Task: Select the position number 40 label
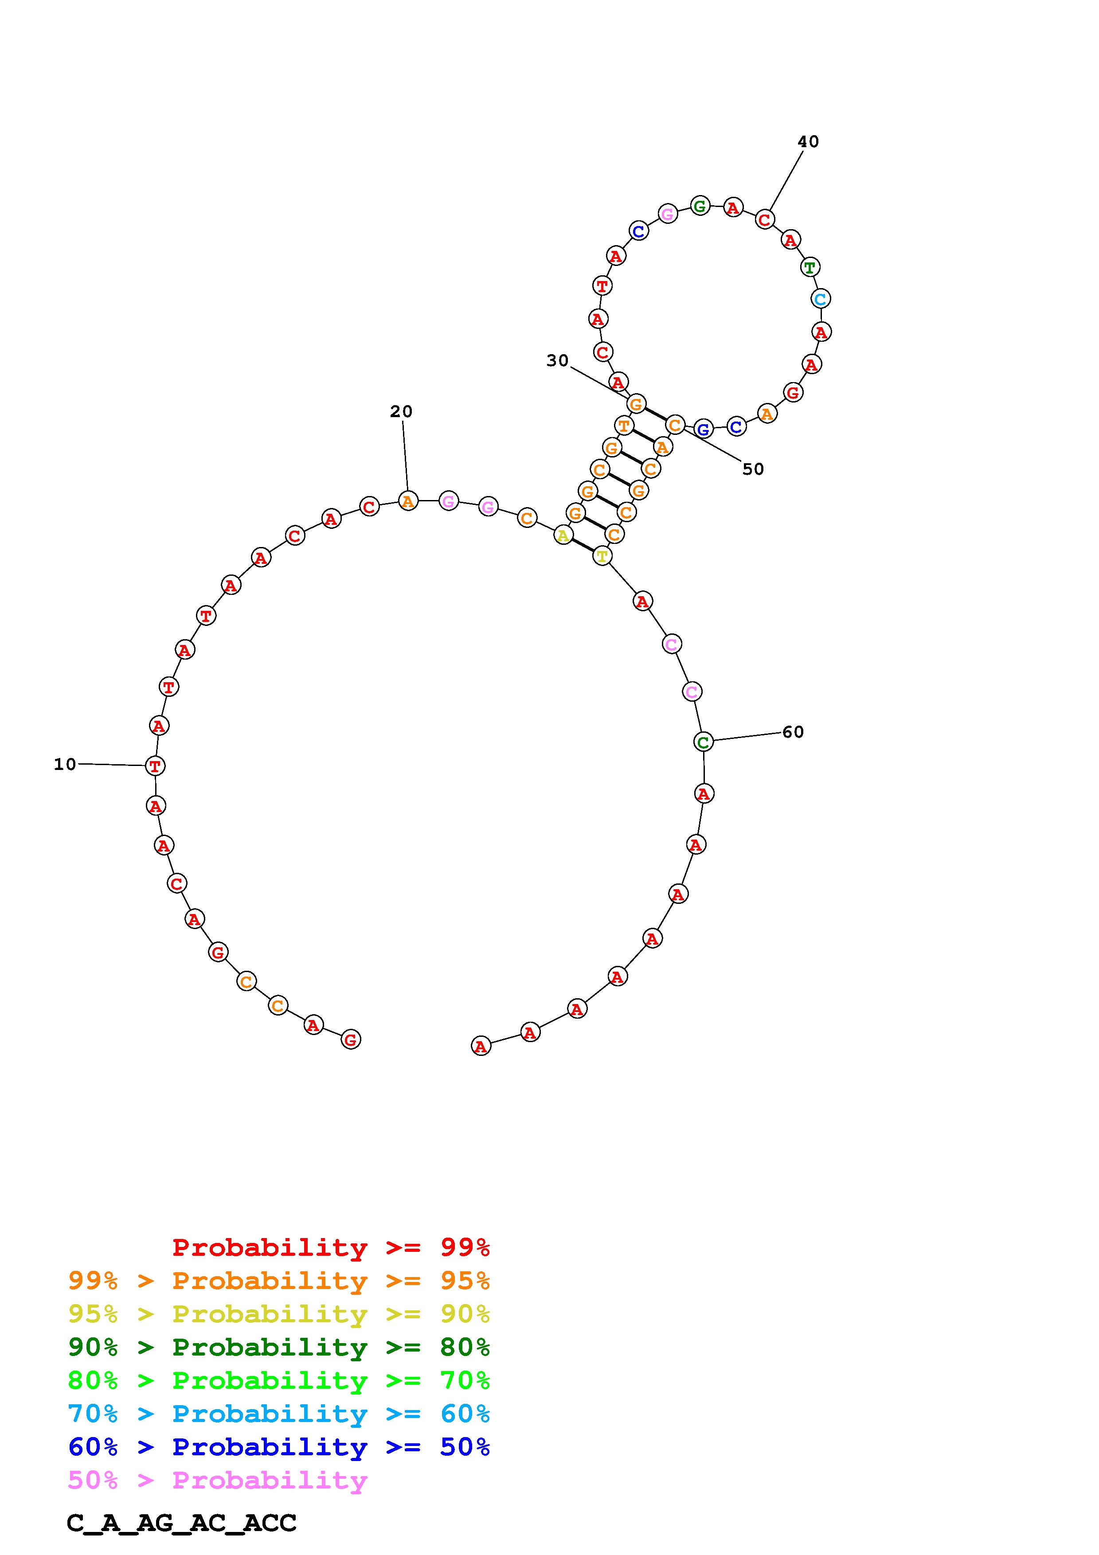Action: click(x=808, y=141)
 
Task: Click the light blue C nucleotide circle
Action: click(x=821, y=299)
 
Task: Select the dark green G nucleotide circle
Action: click(x=700, y=205)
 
